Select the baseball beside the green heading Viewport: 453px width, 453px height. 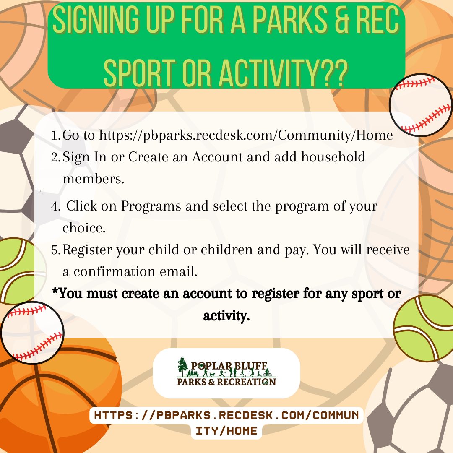click(421, 105)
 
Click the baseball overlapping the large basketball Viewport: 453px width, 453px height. click(32, 333)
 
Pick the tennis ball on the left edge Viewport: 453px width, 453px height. click(20, 271)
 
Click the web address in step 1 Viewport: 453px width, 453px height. click(246, 135)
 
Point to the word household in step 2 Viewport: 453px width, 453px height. click(333, 157)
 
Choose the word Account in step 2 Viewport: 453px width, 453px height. click(217, 157)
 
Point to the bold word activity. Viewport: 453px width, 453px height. click(226, 316)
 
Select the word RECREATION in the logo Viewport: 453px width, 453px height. click(247, 382)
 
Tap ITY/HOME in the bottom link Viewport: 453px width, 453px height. click(226, 431)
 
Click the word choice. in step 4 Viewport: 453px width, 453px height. click(84, 228)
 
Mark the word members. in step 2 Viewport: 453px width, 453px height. click(94, 179)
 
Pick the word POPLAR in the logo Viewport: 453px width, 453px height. click(211, 366)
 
